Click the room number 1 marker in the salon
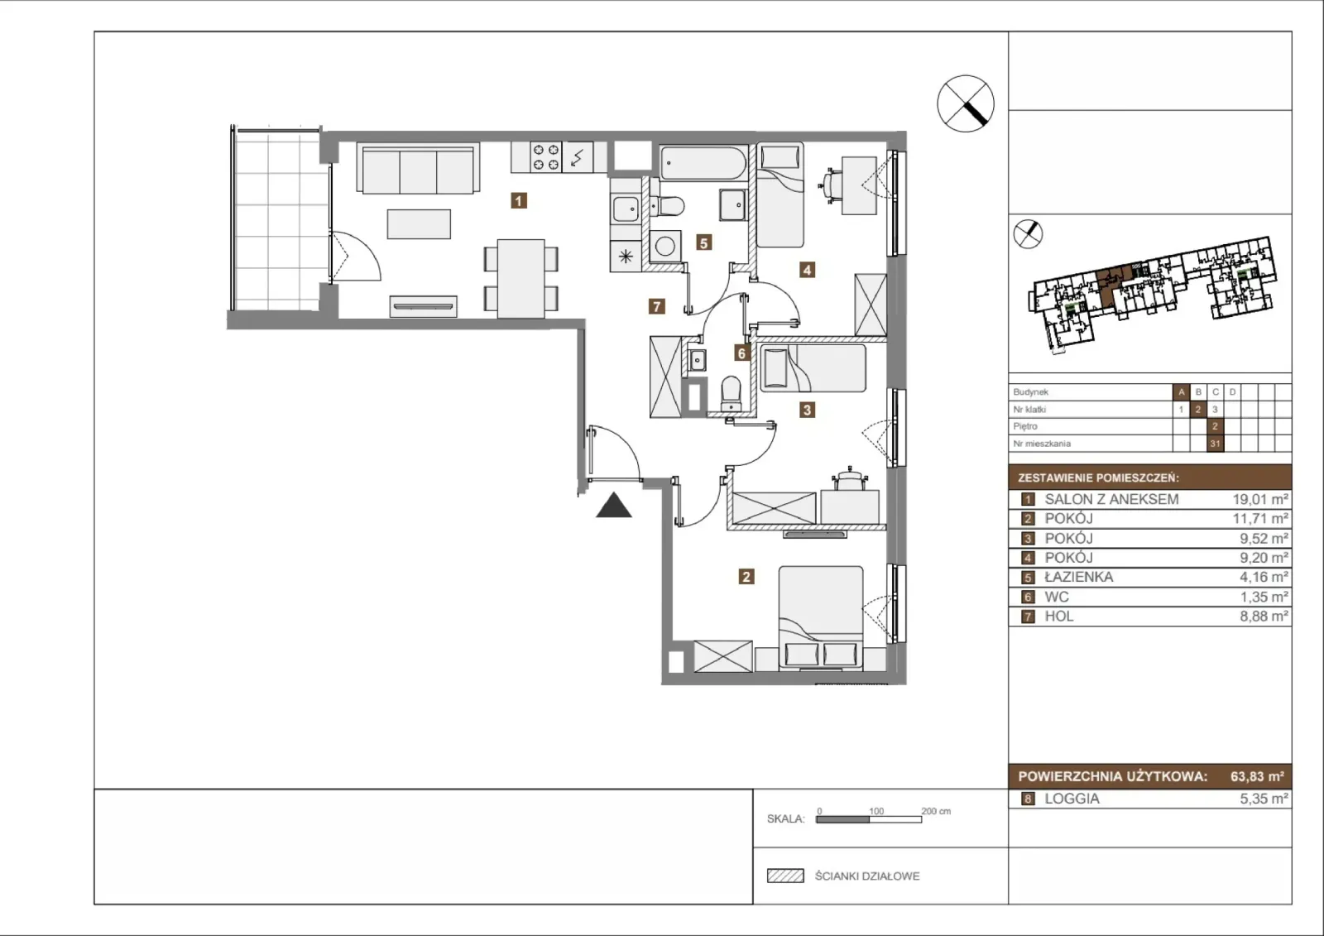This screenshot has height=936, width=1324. coord(518,201)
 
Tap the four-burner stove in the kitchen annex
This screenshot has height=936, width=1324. coord(546,157)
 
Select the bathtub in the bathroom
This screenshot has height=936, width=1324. coord(703,162)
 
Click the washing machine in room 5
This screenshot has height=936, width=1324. coord(665,247)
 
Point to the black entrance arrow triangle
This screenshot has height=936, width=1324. coord(614,506)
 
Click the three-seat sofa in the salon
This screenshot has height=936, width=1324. coord(418,169)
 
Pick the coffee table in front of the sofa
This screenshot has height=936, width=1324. coord(419,224)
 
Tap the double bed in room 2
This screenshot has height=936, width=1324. coord(820,618)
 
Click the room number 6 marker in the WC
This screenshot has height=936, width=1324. coord(741,353)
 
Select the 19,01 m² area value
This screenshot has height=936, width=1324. coord(1259,499)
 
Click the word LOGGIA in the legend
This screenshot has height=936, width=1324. coord(1072,799)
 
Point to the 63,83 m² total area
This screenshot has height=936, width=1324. coord(1257,776)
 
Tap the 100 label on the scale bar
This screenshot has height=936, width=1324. coord(876,811)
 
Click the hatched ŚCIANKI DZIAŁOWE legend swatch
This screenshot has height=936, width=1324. coord(785,876)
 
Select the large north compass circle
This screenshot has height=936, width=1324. coord(966,103)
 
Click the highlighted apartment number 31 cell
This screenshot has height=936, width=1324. coord(1215,444)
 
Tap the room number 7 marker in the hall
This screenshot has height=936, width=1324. coord(657,306)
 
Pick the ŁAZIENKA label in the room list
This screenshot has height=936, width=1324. coord(1079,577)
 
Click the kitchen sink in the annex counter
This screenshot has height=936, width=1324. coord(626,209)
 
